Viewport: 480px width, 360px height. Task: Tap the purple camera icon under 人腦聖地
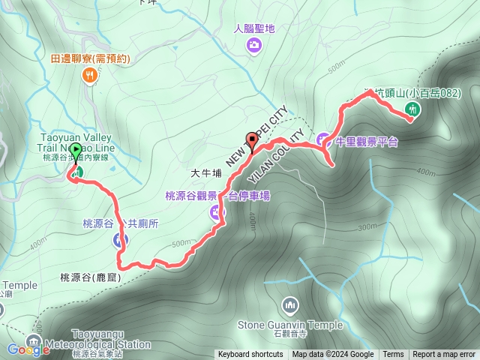(x=254, y=46)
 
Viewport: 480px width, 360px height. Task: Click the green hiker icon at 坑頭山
(x=411, y=109)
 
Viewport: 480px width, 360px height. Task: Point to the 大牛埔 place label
(x=206, y=172)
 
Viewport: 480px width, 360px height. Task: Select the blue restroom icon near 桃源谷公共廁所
(x=120, y=240)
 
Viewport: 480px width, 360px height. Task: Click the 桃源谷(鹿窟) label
(x=89, y=277)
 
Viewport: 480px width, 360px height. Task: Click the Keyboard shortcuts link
(x=251, y=355)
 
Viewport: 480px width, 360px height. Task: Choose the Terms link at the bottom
(x=393, y=355)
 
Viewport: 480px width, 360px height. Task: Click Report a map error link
(x=444, y=355)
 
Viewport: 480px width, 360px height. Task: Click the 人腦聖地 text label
(x=254, y=28)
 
